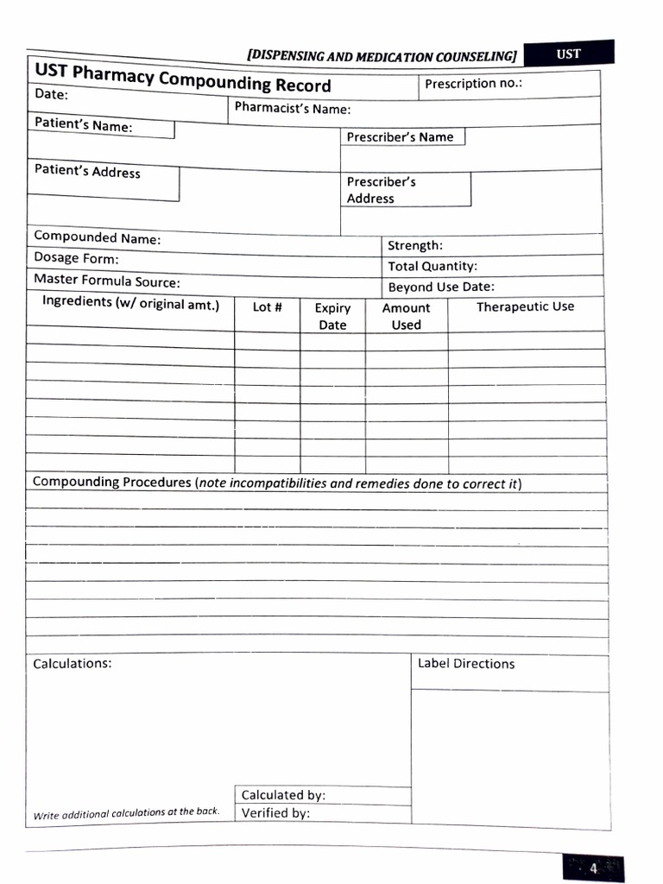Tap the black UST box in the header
click(x=569, y=54)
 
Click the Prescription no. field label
click(x=473, y=84)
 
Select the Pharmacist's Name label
click(x=293, y=109)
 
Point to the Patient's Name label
click(x=84, y=125)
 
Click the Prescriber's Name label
click(x=400, y=136)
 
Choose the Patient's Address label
click(x=87, y=171)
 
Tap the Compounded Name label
click(x=97, y=237)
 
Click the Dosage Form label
click(x=76, y=258)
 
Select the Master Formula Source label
click(x=107, y=281)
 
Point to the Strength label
click(x=415, y=246)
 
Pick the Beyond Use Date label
click(x=441, y=287)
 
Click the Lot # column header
click(x=267, y=306)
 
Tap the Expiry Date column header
click(x=332, y=316)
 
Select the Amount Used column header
click(x=406, y=316)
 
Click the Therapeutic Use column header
click(x=525, y=306)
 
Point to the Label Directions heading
click(x=466, y=664)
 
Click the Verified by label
click(x=275, y=813)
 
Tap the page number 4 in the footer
click(x=593, y=868)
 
